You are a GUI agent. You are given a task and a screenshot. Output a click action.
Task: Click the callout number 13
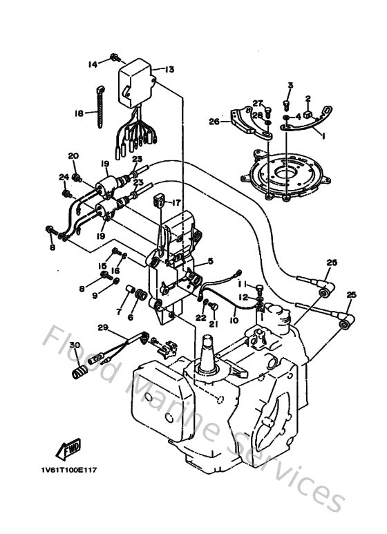(x=169, y=69)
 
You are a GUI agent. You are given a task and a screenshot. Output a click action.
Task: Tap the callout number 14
(x=93, y=64)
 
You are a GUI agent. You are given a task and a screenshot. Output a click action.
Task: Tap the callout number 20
(x=73, y=155)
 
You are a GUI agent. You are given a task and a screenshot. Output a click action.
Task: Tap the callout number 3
(x=290, y=86)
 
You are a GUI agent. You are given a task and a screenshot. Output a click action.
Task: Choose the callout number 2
(x=308, y=98)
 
